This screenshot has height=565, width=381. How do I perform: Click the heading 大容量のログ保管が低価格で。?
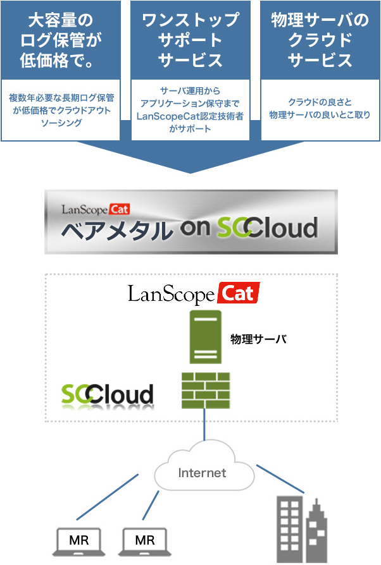click(61, 40)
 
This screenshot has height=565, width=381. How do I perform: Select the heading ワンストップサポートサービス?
click(190, 40)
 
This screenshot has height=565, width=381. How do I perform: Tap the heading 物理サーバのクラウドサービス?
click(320, 40)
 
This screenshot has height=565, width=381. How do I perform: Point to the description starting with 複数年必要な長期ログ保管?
click(61, 110)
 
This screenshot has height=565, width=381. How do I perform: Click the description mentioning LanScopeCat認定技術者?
click(190, 110)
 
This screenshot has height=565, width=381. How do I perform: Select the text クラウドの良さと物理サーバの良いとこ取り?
click(320, 109)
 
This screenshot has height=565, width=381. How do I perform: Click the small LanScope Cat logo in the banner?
click(96, 209)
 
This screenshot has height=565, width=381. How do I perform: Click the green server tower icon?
click(204, 338)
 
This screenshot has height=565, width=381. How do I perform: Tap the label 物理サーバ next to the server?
click(258, 339)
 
